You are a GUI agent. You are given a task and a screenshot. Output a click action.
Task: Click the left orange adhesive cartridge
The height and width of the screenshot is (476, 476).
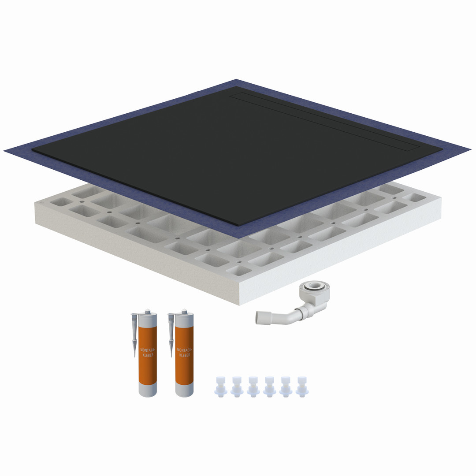click(148, 353)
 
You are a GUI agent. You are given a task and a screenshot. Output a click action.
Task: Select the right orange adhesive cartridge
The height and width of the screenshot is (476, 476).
click(184, 353)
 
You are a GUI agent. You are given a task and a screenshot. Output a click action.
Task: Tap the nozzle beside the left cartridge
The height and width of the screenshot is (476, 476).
click(134, 334)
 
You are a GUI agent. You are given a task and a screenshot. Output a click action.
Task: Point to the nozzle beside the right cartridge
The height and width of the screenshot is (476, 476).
click(171, 334)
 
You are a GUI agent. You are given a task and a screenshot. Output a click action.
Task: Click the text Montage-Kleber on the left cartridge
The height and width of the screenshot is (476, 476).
click(148, 353)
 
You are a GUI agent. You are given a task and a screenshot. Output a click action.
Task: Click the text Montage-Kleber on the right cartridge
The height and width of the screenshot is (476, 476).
click(185, 353)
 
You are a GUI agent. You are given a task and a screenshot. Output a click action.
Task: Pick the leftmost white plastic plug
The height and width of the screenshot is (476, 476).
click(220, 387)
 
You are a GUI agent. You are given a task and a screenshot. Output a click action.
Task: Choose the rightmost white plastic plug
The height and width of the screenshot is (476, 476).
click(302, 387)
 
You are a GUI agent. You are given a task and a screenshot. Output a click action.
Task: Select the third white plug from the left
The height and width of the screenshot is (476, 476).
click(253, 387)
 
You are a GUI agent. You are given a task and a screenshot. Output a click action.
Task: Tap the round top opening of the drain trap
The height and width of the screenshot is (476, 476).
click(314, 286)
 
